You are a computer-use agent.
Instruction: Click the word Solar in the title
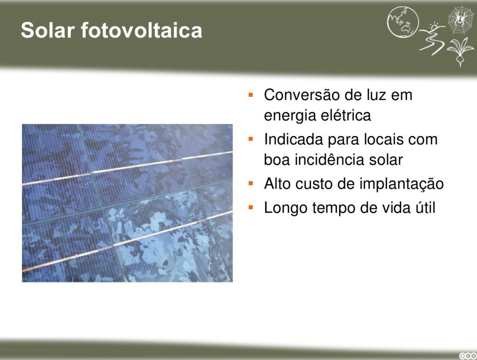(48, 30)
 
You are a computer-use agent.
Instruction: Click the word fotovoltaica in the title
(142, 30)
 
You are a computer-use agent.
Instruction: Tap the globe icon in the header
(403, 22)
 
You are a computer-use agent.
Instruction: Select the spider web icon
(461, 20)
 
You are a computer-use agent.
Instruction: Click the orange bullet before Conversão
(251, 95)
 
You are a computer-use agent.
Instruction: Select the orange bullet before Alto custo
(251, 183)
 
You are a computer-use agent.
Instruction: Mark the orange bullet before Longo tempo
(251, 207)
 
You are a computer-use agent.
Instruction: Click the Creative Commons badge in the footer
(468, 356)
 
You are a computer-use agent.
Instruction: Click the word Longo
(286, 208)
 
